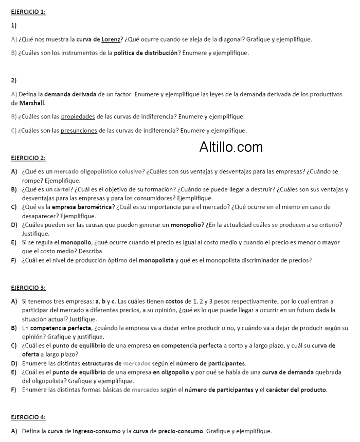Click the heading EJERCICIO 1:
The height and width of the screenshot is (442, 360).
28,11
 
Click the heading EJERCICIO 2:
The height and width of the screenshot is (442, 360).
28,158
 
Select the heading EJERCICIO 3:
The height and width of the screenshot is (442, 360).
28,288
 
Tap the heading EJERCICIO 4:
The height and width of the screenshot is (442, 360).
28,417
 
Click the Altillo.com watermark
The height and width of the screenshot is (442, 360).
231,148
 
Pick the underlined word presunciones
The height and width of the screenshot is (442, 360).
79,130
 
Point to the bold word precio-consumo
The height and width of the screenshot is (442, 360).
182,431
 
